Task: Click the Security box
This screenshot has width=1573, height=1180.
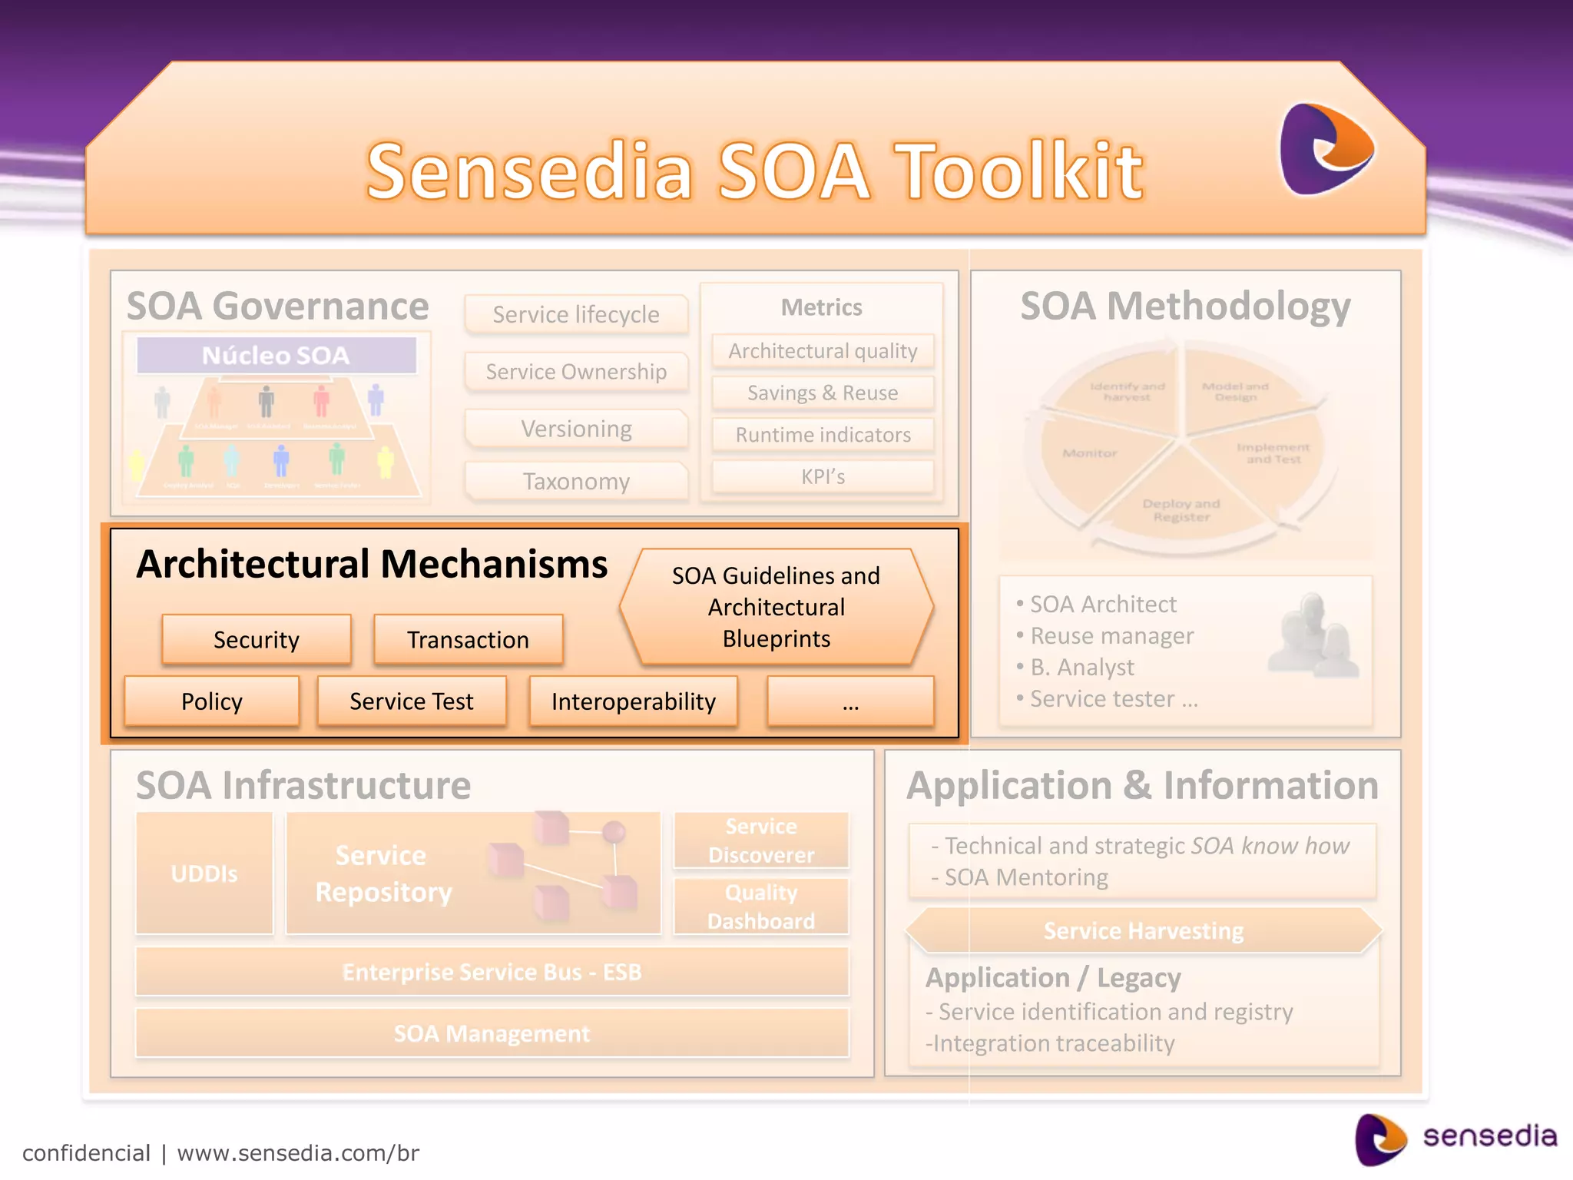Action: click(257, 639)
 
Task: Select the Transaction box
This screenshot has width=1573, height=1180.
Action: click(468, 639)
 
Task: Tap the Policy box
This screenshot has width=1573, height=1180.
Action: click(212, 701)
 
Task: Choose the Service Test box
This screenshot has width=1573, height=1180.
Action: click(412, 701)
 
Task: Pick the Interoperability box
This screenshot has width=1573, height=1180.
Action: click(633, 701)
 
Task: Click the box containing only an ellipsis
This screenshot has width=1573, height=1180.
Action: click(850, 701)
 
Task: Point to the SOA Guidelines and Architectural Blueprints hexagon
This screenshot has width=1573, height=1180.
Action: click(776, 607)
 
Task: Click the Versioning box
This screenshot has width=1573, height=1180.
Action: click(576, 429)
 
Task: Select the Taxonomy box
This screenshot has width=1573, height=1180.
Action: click(576, 482)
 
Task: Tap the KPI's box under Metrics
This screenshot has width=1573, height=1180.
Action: click(823, 477)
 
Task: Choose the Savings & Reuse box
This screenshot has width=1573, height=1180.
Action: click(823, 393)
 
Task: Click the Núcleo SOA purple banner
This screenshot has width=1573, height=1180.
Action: click(276, 356)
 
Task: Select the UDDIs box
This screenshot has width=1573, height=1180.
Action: click(204, 873)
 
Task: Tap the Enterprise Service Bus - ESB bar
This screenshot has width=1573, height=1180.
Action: click(492, 972)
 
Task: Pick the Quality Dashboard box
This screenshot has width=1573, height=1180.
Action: click(760, 907)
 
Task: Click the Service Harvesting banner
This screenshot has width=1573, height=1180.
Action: click(1143, 931)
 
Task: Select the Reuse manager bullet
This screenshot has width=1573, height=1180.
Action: click(1111, 636)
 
